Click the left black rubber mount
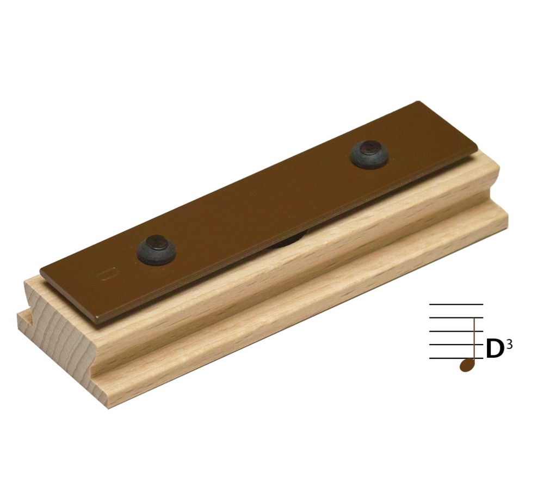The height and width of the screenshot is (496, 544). [x=156, y=250]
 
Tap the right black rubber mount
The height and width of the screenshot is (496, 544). [x=370, y=154]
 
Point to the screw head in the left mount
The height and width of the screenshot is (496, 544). [x=156, y=240]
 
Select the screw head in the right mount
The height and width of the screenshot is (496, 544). [x=370, y=146]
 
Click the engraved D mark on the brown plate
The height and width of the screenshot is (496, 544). [x=109, y=273]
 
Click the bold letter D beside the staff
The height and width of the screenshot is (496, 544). [x=494, y=350]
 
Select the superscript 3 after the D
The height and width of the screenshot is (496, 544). [x=509, y=344]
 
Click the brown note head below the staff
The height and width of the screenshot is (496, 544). [x=466, y=365]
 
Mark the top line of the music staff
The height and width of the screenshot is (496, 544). [x=456, y=304]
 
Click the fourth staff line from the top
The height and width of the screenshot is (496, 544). [x=452, y=344]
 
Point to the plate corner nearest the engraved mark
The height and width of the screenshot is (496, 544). [x=42, y=271]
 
